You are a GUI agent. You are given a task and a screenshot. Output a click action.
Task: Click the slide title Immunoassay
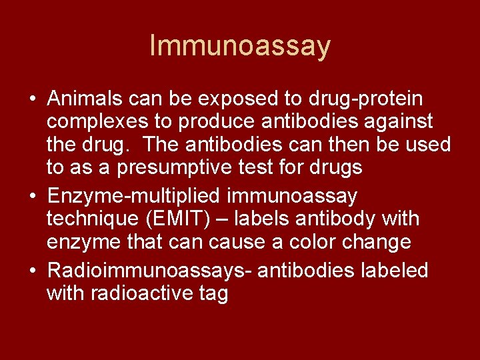240,46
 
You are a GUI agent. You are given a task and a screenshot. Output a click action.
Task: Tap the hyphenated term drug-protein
365,99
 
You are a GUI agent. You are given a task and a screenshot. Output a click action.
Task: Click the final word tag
213,294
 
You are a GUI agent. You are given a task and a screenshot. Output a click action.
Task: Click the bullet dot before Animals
32,100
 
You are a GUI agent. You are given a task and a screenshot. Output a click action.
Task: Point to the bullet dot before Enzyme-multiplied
32,197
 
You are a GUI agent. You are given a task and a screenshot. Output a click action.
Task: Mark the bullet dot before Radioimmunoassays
32,271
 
